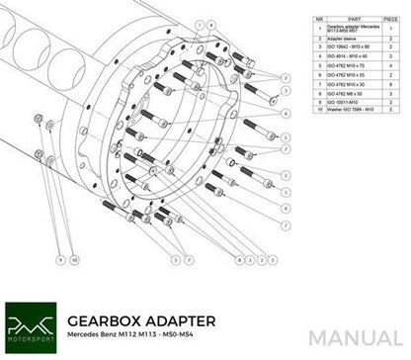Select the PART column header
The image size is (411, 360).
point(327,16)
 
